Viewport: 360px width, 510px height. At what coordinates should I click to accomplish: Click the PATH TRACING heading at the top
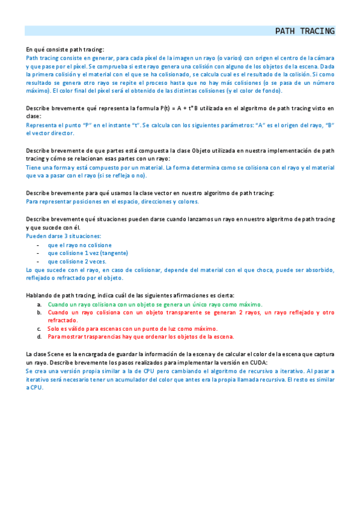pyautogui.click(x=305, y=31)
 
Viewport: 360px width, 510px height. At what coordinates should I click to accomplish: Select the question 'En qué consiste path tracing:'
pyautogui.click(x=65, y=49)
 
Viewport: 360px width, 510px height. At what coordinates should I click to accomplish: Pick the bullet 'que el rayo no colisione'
pyautogui.click(x=79, y=245)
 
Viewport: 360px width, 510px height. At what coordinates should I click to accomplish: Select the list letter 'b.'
pyautogui.click(x=40, y=313)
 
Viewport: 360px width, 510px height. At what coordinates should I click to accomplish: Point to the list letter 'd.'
pyautogui.click(x=40, y=337)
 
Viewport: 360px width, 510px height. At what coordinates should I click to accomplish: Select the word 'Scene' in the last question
pyautogui.click(x=59, y=354)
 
